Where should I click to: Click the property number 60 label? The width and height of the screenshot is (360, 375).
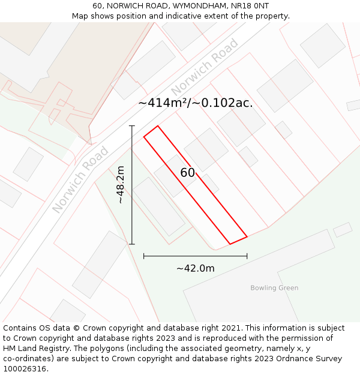pyautogui.click(x=187, y=173)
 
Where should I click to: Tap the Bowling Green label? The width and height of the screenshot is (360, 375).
pyautogui.click(x=274, y=288)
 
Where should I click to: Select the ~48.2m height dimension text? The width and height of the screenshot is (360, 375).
pyautogui.click(x=121, y=185)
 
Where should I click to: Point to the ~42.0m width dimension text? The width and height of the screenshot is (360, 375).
pyautogui.click(x=195, y=268)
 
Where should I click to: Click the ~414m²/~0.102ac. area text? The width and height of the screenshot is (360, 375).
pyautogui.click(x=195, y=103)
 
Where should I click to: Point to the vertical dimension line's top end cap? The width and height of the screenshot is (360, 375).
pyautogui.click(x=132, y=126)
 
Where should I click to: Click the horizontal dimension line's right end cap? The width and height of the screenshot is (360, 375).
pyautogui.click(x=247, y=256)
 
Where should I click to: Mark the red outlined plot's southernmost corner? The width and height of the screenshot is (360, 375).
pyautogui.click(x=230, y=244)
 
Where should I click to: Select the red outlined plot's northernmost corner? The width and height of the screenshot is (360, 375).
pyautogui.click(x=157, y=126)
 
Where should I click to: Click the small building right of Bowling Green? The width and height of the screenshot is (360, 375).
pyautogui.click(x=343, y=229)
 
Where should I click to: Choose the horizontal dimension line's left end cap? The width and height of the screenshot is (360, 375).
pyautogui.click(x=144, y=256)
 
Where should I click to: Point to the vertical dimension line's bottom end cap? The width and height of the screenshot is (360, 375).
pyautogui.click(x=132, y=244)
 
